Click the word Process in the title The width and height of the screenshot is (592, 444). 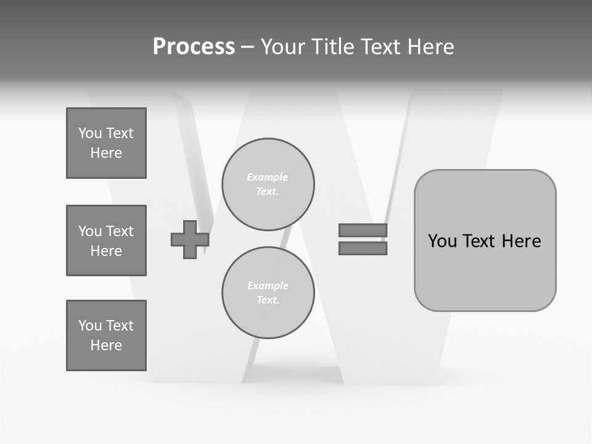click(194, 47)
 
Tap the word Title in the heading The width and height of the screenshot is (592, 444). click(332, 47)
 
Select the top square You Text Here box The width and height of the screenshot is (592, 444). click(106, 143)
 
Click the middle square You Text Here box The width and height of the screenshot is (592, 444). click(106, 240)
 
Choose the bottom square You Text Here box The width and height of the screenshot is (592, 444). click(106, 335)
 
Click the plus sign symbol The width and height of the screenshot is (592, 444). click(190, 239)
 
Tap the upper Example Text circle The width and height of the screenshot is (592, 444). click(268, 184)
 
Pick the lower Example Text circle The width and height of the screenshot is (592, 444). click(268, 293)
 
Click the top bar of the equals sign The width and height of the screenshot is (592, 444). click(363, 230)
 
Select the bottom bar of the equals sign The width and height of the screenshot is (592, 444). click(363, 248)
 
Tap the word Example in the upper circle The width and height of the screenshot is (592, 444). click(268, 177)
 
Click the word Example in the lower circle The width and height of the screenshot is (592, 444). click(268, 286)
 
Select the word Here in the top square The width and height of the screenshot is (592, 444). click(106, 153)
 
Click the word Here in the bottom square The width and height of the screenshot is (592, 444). click(106, 345)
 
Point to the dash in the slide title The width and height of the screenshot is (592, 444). click(247, 47)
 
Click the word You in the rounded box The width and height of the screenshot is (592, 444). click(442, 240)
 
